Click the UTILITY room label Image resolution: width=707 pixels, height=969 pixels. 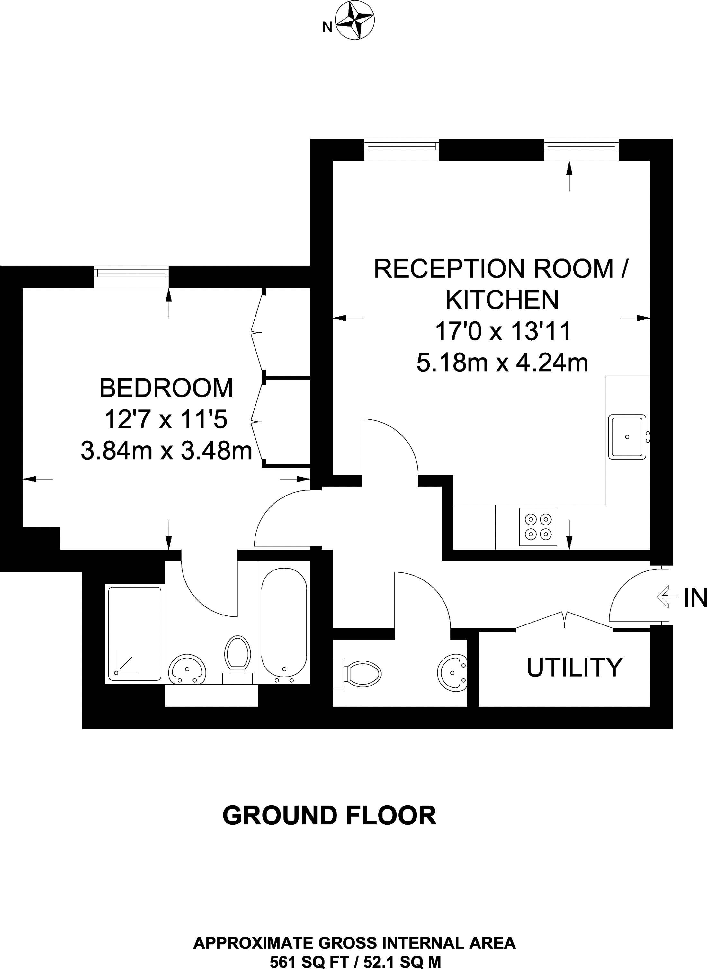(x=574, y=667)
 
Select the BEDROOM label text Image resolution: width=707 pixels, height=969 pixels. (x=166, y=388)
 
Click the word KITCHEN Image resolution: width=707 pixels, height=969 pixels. (x=502, y=300)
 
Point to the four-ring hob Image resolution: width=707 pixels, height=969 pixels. (x=538, y=527)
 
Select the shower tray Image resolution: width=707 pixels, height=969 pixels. (x=134, y=633)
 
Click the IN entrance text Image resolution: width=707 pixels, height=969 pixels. (x=694, y=598)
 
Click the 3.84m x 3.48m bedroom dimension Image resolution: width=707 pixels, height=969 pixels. (x=166, y=451)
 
